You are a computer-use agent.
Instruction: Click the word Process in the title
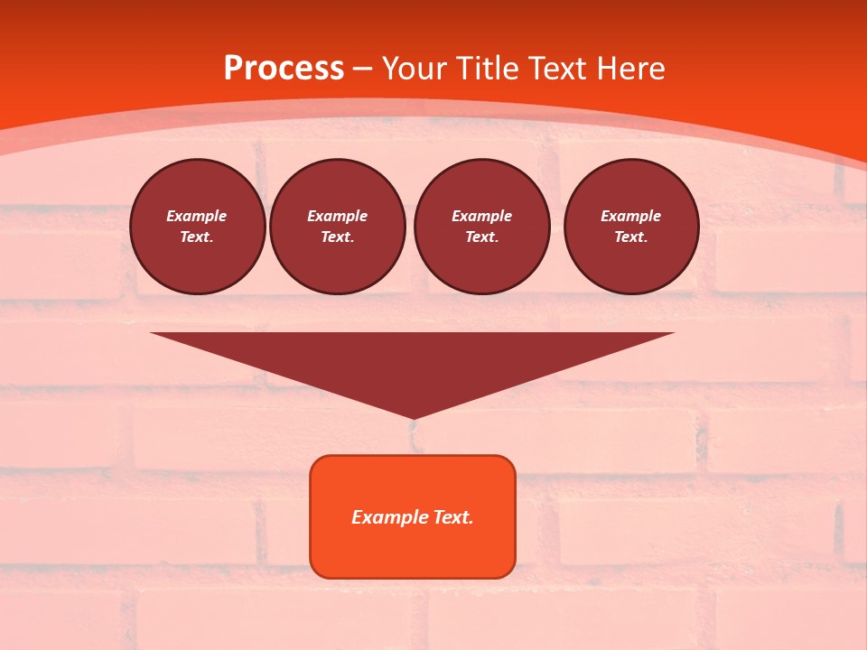(x=284, y=68)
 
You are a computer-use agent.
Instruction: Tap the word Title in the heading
(x=488, y=68)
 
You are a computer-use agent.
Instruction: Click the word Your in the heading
(x=416, y=68)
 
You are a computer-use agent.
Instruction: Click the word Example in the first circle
(x=197, y=216)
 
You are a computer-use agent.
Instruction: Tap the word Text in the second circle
(x=336, y=237)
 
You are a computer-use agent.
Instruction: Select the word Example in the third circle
(x=481, y=216)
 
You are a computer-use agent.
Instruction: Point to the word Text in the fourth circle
(x=629, y=237)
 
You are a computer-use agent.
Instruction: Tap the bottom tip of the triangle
(x=413, y=416)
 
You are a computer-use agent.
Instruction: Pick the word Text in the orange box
(x=452, y=517)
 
